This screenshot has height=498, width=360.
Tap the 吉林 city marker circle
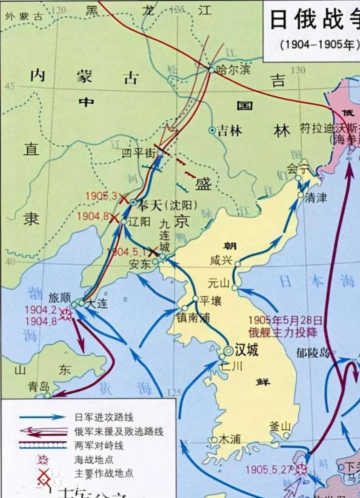tap(212, 130)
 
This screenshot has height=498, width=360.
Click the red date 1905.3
tap(102, 196)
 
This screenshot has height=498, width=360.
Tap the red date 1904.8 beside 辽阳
tap(93, 216)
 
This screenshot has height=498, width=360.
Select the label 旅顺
tap(60, 298)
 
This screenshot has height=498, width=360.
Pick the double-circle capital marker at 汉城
tap(228, 350)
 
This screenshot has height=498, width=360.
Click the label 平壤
tap(210, 300)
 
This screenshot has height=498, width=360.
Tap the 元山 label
tap(218, 282)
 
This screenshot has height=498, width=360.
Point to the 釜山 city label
tap(280, 427)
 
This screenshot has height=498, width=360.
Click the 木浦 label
tap(229, 439)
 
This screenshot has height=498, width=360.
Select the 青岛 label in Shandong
tap(38, 387)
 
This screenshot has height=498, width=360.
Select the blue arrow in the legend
tap(42, 417)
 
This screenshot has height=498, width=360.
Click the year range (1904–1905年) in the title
tap(319, 45)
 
